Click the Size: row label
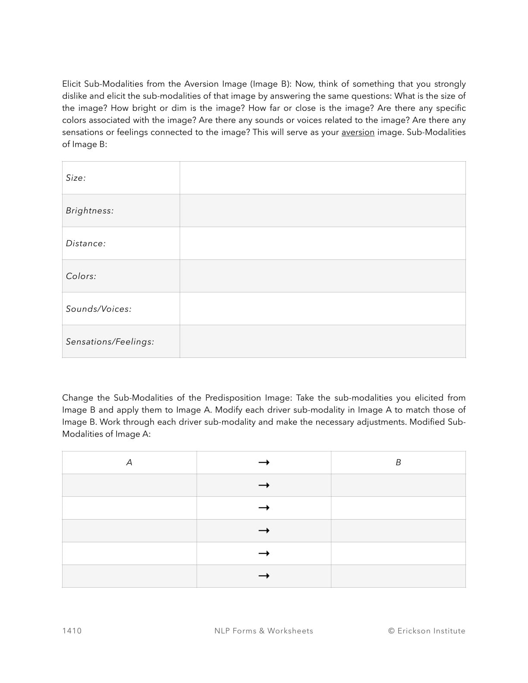[76, 178]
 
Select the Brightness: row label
[90, 211]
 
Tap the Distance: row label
[86, 244]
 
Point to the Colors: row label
[81, 276]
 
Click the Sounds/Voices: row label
[99, 309]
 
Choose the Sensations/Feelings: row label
[110, 342]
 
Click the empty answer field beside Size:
[322, 178]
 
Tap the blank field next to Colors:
[322, 276]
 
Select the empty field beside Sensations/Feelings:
[322, 341]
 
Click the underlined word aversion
[358, 132]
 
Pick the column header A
[129, 463]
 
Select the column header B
[398, 463]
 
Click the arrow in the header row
[264, 463]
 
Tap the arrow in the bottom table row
[264, 576]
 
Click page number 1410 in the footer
[72, 631]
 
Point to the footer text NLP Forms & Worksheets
[264, 631]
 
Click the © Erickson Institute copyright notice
[427, 631]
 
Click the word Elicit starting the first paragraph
[72, 84]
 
